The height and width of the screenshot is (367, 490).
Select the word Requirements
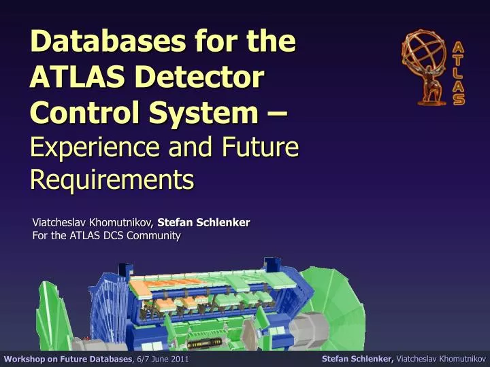(112, 179)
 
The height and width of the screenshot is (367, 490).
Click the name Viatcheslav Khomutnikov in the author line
(93, 223)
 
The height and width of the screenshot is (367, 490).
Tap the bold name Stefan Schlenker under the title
(203, 223)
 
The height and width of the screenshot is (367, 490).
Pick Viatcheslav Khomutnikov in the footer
(440, 358)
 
